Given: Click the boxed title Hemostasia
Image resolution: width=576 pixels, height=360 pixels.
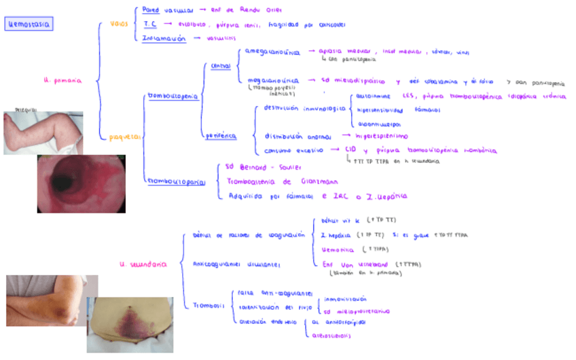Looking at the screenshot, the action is pyautogui.click(x=28, y=24).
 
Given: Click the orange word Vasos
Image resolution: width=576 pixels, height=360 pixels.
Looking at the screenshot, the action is pyautogui.click(x=119, y=24).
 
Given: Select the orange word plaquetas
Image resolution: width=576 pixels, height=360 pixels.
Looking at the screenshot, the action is pyautogui.click(x=125, y=137).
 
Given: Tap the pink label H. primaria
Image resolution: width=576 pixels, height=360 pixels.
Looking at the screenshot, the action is pyautogui.click(x=62, y=80).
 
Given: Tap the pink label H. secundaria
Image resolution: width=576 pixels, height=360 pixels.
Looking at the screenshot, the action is pyautogui.click(x=143, y=265).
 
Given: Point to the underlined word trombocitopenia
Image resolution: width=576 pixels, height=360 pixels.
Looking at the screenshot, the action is pyautogui.click(x=173, y=96).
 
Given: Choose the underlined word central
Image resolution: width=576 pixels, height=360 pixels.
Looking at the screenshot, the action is pyautogui.click(x=221, y=66).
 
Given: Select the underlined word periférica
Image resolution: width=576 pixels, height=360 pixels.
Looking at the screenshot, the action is pyautogui.click(x=221, y=136).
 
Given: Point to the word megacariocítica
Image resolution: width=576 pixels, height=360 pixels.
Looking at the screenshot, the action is pyautogui.click(x=273, y=80).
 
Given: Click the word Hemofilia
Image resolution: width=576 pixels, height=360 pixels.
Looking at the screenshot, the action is pyautogui.click(x=336, y=250).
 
